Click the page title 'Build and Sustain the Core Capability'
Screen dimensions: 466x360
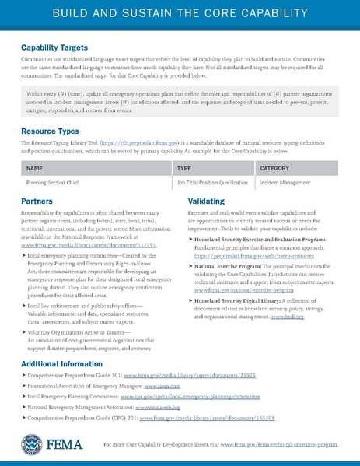pyautogui.click(x=180, y=16)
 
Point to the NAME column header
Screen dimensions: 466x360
pyautogui.click(x=35, y=168)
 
